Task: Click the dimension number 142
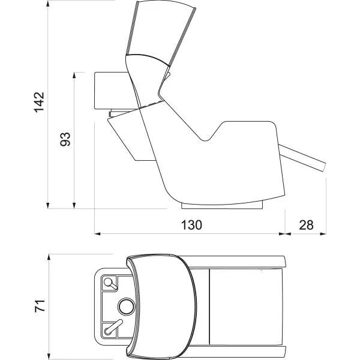(x=39, y=102)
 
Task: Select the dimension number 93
(x=65, y=139)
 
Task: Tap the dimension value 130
(x=192, y=225)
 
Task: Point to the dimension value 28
(x=306, y=225)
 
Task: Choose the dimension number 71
(x=40, y=306)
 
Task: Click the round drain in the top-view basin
(x=127, y=307)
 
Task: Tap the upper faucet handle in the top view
(x=111, y=284)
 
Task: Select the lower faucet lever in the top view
(x=113, y=327)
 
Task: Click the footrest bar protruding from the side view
(x=303, y=158)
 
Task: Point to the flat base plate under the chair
(x=222, y=206)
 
